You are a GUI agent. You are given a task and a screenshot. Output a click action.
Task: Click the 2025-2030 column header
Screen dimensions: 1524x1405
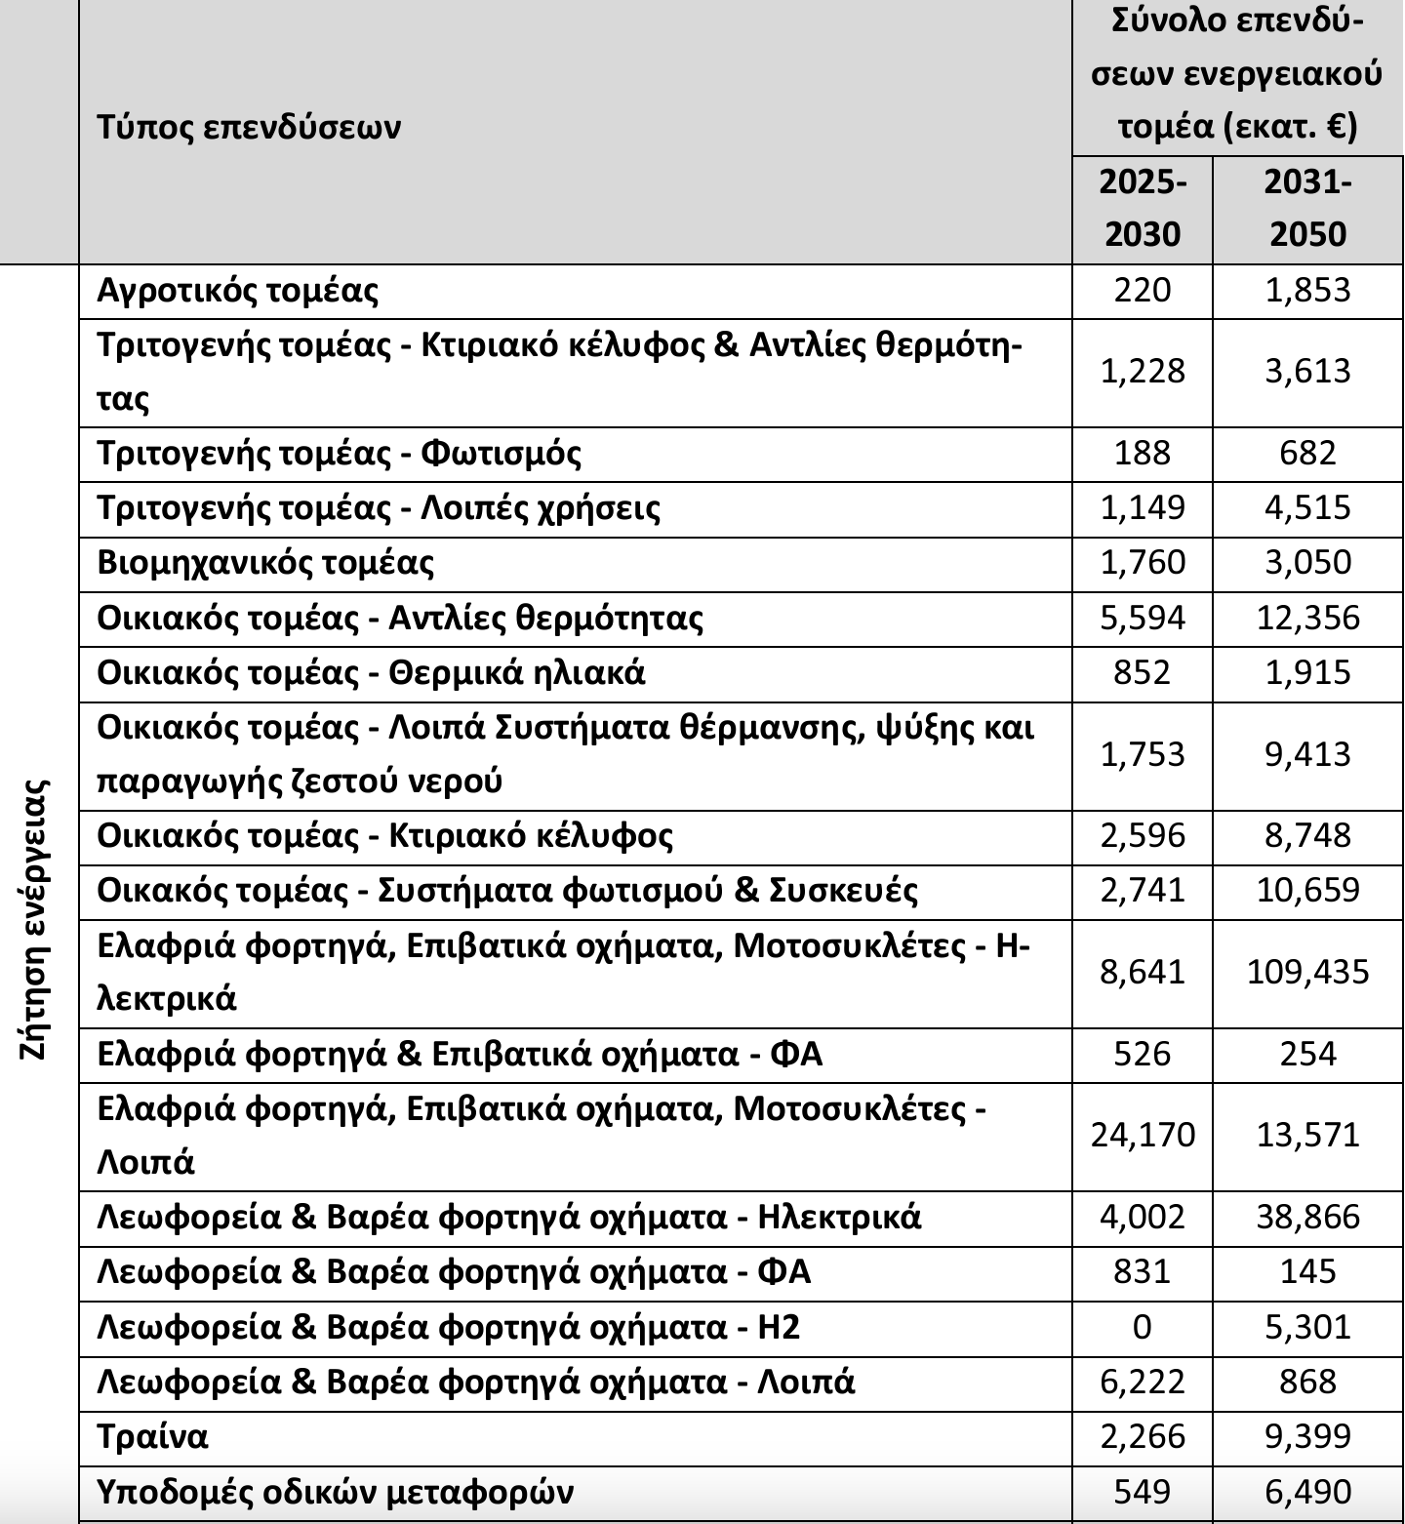click(x=1142, y=208)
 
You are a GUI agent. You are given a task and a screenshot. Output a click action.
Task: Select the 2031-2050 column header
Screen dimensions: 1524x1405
click(x=1307, y=208)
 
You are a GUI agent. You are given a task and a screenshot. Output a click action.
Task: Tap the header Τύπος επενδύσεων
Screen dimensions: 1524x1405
click(x=250, y=127)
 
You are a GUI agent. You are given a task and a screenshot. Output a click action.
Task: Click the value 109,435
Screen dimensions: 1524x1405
click(x=1307, y=972)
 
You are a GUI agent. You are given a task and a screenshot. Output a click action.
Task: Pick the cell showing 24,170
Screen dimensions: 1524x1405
click(x=1143, y=1135)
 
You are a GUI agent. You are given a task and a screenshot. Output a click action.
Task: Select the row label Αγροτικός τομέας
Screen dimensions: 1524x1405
click(x=238, y=291)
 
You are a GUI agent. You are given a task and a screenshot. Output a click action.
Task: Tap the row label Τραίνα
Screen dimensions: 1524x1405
click(x=153, y=1436)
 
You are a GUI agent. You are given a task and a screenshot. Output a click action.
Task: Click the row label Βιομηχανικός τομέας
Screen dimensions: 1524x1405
click(x=266, y=563)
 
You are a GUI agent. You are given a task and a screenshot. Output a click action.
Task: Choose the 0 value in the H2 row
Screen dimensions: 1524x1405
click(x=1142, y=1327)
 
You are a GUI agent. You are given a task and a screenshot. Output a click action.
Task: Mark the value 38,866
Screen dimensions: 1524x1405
click(x=1307, y=1217)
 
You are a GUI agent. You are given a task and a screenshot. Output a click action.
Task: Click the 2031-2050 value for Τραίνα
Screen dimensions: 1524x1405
click(x=1307, y=1436)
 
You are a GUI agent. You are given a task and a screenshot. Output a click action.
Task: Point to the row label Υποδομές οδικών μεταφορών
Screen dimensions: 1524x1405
click(x=336, y=1492)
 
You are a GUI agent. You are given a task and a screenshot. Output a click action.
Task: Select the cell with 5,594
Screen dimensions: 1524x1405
click(x=1142, y=618)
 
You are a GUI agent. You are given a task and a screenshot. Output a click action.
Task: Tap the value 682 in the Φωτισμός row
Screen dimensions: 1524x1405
click(x=1307, y=453)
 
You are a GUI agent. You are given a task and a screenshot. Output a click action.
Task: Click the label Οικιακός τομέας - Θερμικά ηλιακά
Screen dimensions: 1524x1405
click(x=372, y=673)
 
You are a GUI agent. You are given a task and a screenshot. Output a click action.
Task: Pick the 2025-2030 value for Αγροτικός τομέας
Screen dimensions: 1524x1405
click(x=1142, y=291)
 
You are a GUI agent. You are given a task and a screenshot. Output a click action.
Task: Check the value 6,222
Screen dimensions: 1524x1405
click(x=1142, y=1382)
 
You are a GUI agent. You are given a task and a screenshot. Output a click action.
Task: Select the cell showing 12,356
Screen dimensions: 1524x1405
click(x=1307, y=618)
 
